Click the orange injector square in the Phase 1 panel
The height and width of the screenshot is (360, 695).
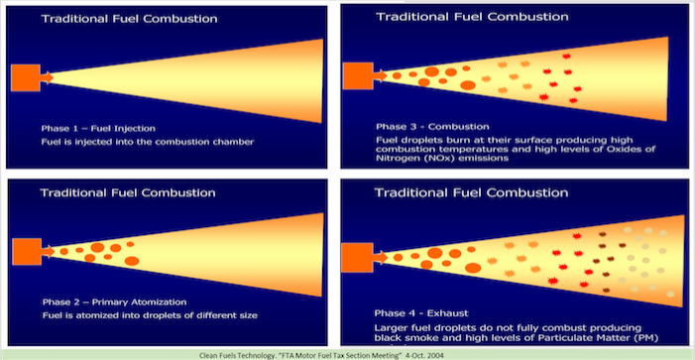pyautogui.click(x=26, y=77)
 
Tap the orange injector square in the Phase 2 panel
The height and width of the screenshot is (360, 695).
pyautogui.click(x=27, y=251)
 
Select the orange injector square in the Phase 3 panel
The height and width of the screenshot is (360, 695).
pyautogui.click(x=358, y=75)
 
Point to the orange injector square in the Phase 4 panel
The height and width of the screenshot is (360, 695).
pyautogui.click(x=357, y=258)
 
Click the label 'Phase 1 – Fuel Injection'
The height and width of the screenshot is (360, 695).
pyautogui.click(x=98, y=129)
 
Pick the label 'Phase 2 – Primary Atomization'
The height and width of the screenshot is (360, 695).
pyautogui.click(x=114, y=302)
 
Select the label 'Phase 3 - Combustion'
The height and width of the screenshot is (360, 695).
pyautogui.click(x=432, y=127)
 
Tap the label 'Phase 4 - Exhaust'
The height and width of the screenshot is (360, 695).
pyautogui.click(x=421, y=313)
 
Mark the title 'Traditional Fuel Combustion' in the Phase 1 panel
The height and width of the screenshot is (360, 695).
pyautogui.click(x=130, y=19)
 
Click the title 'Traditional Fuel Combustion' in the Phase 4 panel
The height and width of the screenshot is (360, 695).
pyautogui.click(x=471, y=192)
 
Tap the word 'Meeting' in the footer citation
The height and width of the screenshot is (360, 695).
pyautogui.click(x=383, y=356)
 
